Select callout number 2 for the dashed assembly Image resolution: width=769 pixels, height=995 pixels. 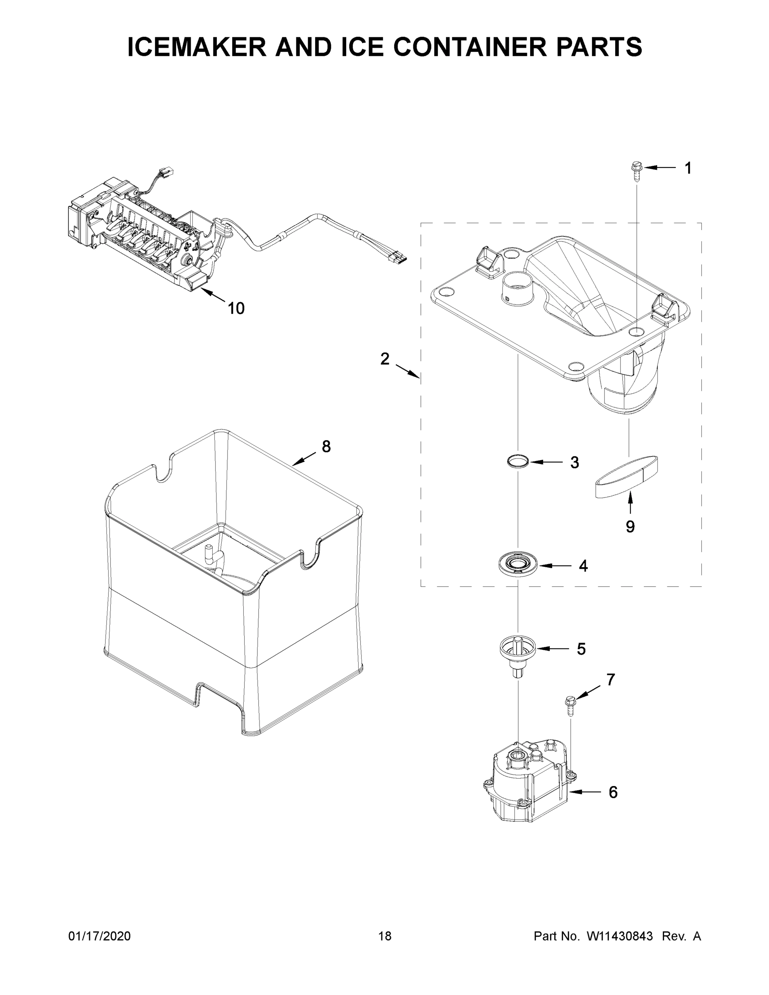tap(385, 359)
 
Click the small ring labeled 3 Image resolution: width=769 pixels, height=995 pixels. tap(519, 461)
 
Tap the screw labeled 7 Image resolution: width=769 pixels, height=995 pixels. tap(570, 705)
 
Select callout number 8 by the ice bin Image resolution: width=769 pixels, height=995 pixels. tap(326, 447)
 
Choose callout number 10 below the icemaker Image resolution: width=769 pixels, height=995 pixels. tap(236, 308)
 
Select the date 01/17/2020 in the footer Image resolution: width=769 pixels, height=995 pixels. tap(99, 936)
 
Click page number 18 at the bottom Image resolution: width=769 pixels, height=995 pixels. tap(385, 936)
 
